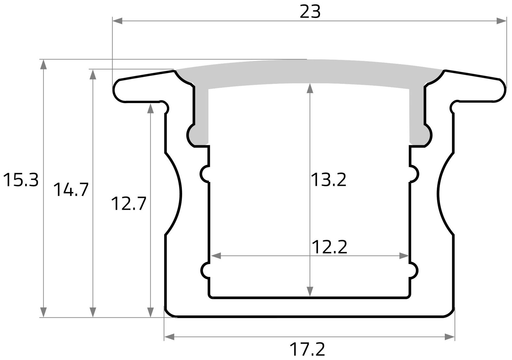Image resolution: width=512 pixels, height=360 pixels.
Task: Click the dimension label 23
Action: pyautogui.click(x=310, y=12)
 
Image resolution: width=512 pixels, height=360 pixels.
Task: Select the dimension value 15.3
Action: pyautogui.click(x=21, y=180)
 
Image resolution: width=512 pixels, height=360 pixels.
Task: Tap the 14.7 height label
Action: pyautogui.click(x=70, y=190)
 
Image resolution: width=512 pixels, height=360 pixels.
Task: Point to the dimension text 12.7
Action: pyautogui.click(x=129, y=204)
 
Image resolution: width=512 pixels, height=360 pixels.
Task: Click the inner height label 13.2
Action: pyautogui.click(x=329, y=180)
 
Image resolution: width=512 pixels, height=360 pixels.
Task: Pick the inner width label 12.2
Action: pyautogui.click(x=329, y=247)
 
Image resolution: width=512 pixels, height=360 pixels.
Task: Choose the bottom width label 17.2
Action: pyautogui.click(x=307, y=350)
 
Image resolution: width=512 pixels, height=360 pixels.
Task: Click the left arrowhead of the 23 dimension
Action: pyautogui.click(x=117, y=21)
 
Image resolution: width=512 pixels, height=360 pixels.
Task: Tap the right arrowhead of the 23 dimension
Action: pyautogui.click(x=502, y=21)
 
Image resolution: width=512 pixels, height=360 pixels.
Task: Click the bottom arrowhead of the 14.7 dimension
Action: pyautogui.click(x=93, y=312)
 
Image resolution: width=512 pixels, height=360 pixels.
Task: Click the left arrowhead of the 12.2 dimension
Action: pyautogui.click(x=216, y=256)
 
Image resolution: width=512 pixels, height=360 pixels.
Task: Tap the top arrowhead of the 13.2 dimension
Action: pyautogui.click(x=309, y=88)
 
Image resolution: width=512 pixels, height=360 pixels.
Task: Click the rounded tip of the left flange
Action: pyautogui.click(x=117, y=90)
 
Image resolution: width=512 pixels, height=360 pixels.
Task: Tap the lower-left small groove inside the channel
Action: pyautogui.click(x=206, y=270)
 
